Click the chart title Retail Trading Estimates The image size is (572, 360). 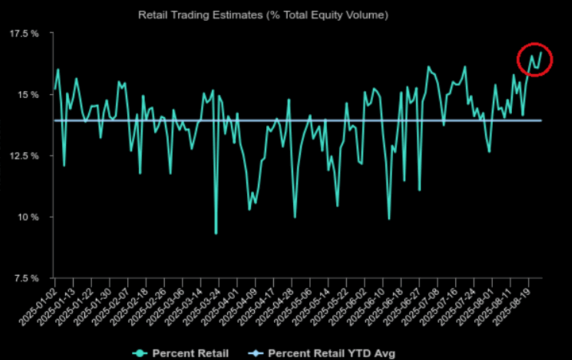tap(263, 16)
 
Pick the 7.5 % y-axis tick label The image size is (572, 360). tap(26, 277)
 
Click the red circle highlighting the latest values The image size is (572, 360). tap(533, 59)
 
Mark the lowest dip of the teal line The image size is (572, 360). tap(216, 233)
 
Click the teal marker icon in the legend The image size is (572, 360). tap(140, 353)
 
